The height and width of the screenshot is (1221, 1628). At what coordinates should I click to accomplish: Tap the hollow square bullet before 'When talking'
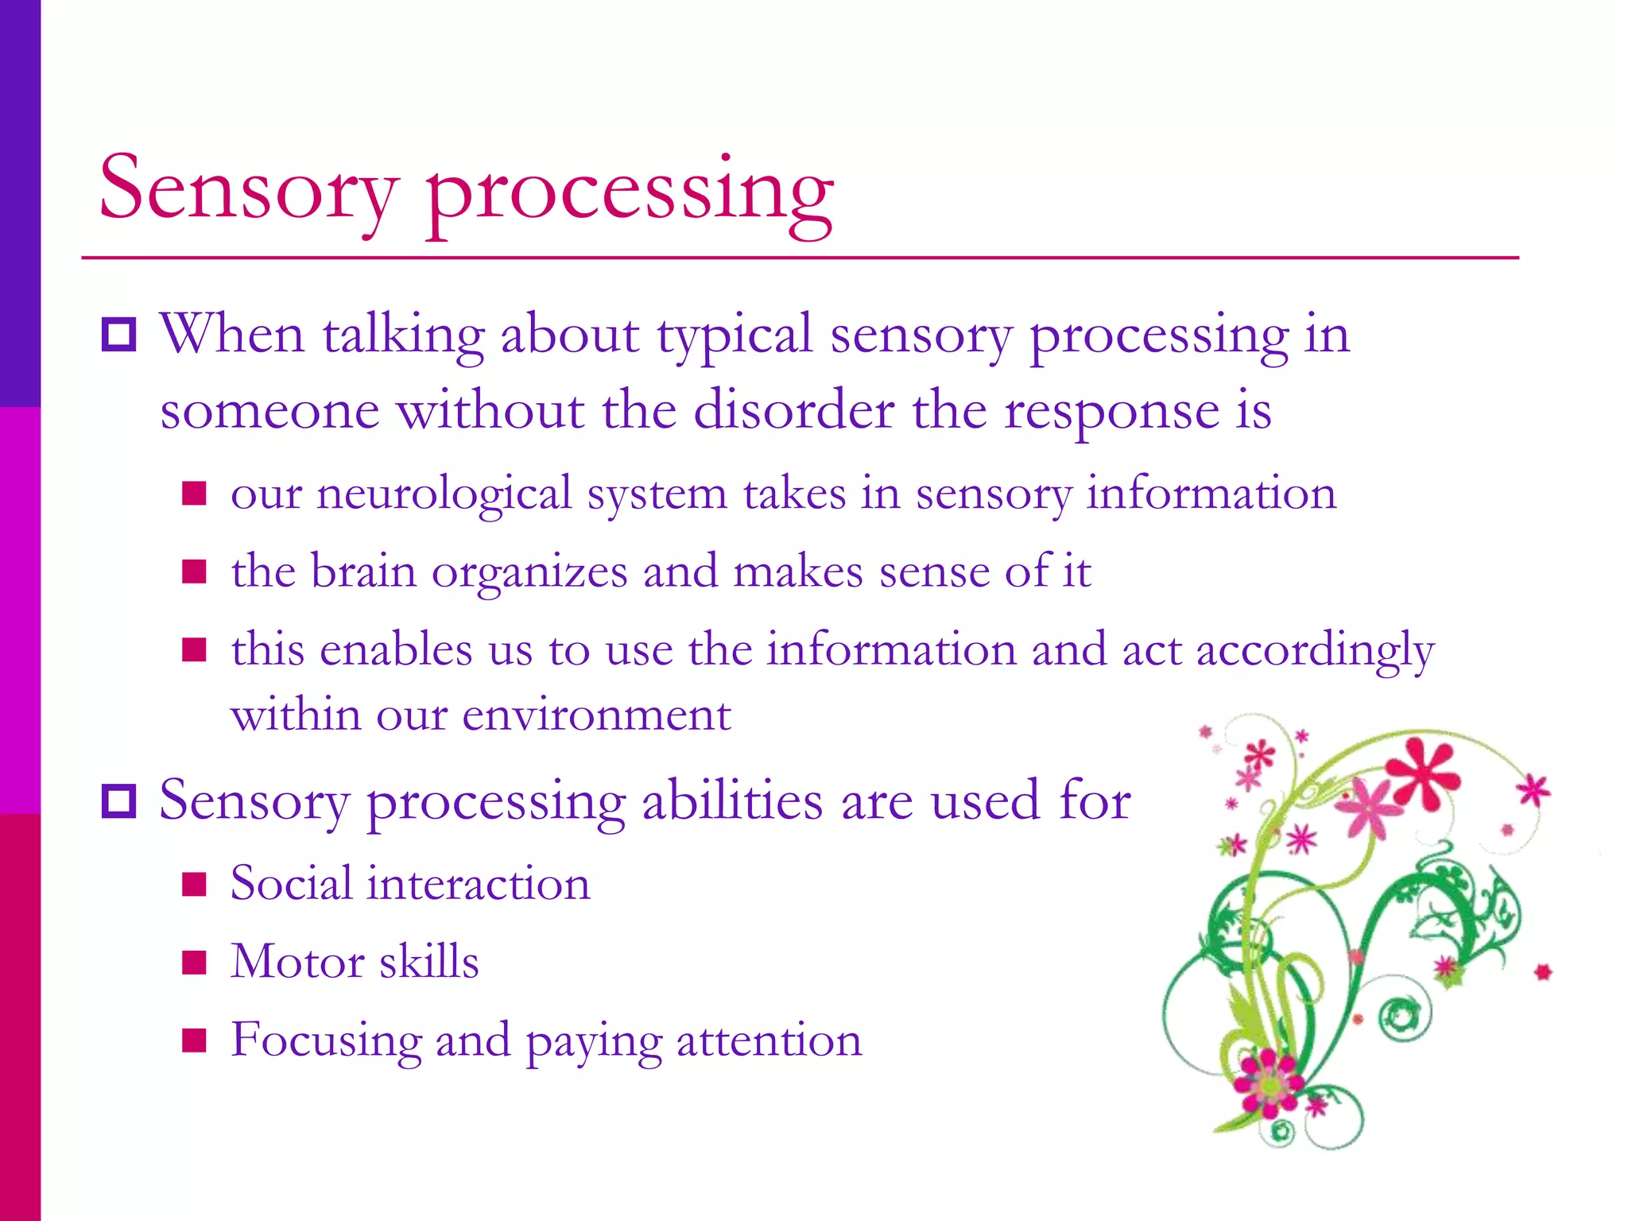119,335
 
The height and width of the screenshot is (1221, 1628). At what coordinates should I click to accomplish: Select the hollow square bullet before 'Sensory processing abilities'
119,800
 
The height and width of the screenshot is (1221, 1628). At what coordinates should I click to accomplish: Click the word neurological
444,494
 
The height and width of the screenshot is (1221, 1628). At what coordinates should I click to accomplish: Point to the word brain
363,572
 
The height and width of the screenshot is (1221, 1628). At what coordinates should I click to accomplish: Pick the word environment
596,715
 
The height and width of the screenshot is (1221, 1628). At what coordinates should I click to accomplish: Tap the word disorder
793,411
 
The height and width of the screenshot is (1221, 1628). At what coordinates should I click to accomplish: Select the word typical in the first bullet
735,335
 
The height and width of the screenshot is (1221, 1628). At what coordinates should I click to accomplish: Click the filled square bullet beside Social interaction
194,884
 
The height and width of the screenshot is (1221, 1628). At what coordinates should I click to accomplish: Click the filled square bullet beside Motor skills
194,962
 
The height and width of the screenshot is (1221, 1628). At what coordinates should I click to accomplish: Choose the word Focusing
326,1041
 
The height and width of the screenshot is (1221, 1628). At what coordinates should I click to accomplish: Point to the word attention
769,1041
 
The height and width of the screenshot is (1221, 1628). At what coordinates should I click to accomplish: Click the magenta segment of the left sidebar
20,610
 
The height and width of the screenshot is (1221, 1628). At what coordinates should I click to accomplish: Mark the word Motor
297,962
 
